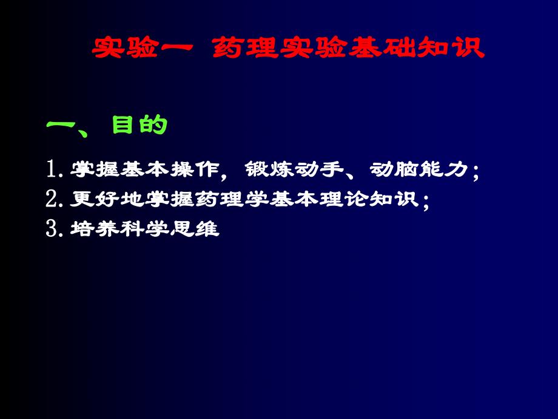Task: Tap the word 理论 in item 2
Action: coord(352,200)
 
